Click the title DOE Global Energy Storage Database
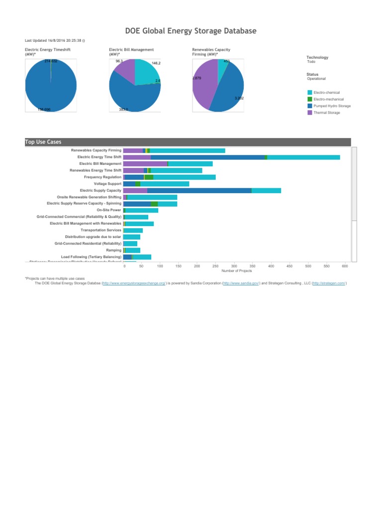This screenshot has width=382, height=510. click(x=191, y=31)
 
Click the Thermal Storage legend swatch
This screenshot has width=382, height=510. click(x=310, y=113)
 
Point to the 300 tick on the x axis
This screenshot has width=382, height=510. click(x=234, y=266)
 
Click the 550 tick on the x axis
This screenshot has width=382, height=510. click(x=326, y=266)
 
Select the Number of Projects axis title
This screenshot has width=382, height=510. click(x=236, y=271)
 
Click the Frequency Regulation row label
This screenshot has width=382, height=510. click(x=102, y=177)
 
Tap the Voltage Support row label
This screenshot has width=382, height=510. click(x=107, y=184)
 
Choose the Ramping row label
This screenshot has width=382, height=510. click(x=113, y=250)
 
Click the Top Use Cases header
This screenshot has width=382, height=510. click(x=43, y=142)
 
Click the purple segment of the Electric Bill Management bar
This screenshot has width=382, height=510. click(x=145, y=163)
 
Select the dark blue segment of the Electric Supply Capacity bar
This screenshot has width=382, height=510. click(x=199, y=190)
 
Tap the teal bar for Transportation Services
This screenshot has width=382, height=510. click(x=133, y=230)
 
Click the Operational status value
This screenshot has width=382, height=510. click(x=316, y=79)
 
